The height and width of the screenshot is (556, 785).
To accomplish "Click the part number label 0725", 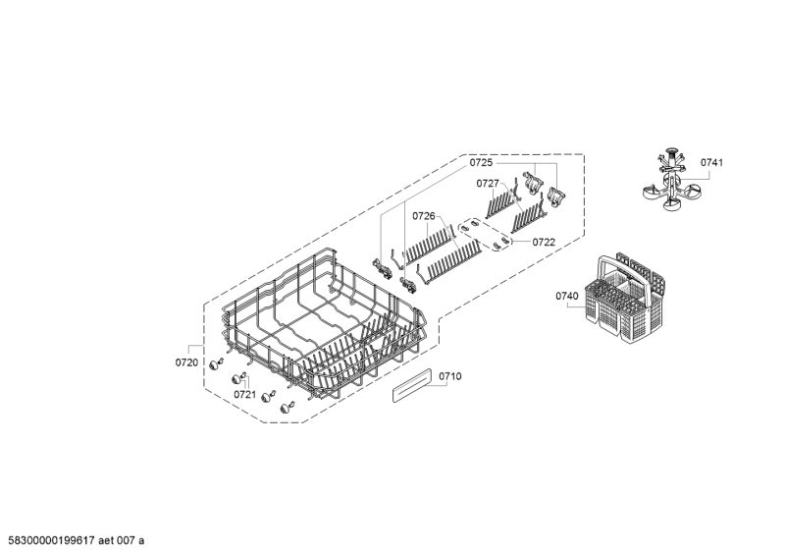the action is pyautogui.click(x=481, y=162).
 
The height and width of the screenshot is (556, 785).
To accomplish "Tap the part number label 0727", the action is pyautogui.click(x=488, y=184).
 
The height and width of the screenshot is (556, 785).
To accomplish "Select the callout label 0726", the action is pyautogui.click(x=424, y=216).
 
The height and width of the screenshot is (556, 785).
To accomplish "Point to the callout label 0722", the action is pyautogui.click(x=544, y=243).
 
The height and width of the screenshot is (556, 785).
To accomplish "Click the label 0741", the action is pyautogui.click(x=711, y=162).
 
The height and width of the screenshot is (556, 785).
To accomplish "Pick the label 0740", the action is pyautogui.click(x=567, y=296).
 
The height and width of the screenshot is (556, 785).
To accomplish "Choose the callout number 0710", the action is pyautogui.click(x=450, y=376).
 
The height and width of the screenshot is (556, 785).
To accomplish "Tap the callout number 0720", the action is pyautogui.click(x=186, y=362).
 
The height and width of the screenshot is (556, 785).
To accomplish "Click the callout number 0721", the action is pyautogui.click(x=244, y=395).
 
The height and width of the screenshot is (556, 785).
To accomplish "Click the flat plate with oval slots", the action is pyautogui.click(x=485, y=234).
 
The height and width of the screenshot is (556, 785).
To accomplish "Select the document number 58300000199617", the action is pyautogui.click(x=52, y=540).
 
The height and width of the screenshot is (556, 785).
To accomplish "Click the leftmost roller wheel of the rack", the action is pyautogui.click(x=216, y=364).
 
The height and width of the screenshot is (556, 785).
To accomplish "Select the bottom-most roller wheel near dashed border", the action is pyautogui.click(x=288, y=408).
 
